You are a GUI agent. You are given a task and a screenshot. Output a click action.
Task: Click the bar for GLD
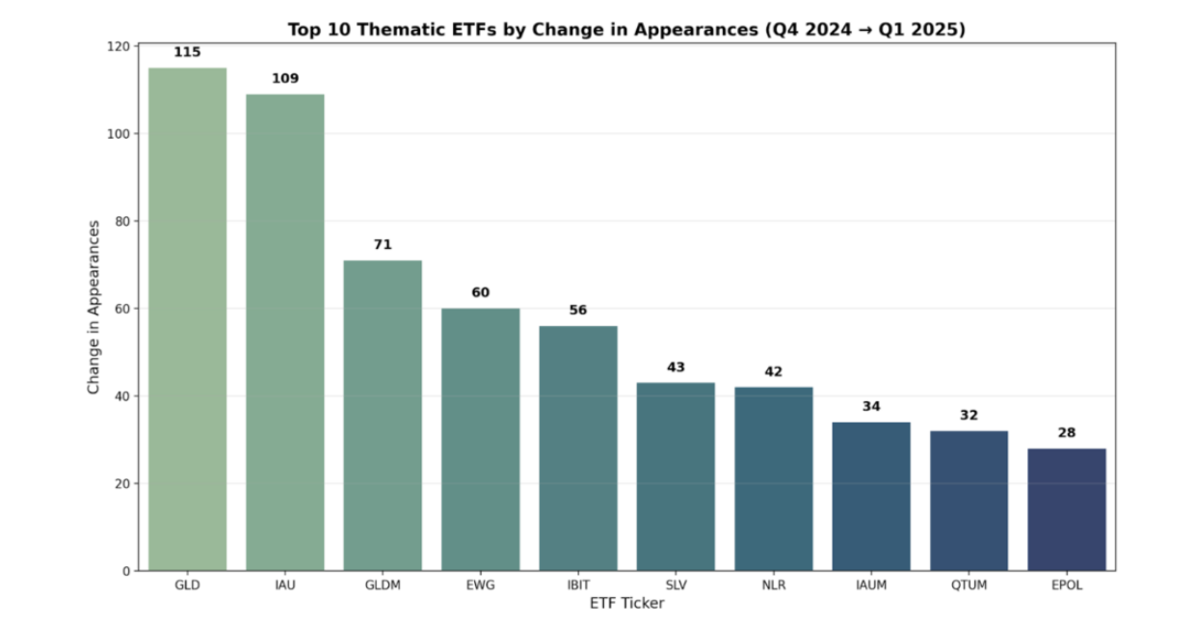point(187,318)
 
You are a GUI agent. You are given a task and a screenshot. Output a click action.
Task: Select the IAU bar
point(285,332)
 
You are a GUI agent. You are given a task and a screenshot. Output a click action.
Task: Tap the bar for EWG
point(480,439)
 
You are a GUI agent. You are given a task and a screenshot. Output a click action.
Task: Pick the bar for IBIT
point(578,448)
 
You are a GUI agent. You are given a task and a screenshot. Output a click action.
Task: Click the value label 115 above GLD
point(187,52)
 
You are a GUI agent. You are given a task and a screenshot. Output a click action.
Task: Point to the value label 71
point(383,245)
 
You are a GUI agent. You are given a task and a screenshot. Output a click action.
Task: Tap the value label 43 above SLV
point(676,368)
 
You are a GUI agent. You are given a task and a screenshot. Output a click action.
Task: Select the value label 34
point(871,406)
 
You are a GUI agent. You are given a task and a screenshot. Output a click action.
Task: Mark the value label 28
point(1066,433)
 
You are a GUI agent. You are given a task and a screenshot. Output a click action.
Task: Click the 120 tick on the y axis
point(119,46)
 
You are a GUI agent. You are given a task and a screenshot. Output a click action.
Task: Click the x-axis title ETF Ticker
point(626,604)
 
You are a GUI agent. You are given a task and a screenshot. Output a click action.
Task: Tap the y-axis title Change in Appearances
point(93,307)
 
